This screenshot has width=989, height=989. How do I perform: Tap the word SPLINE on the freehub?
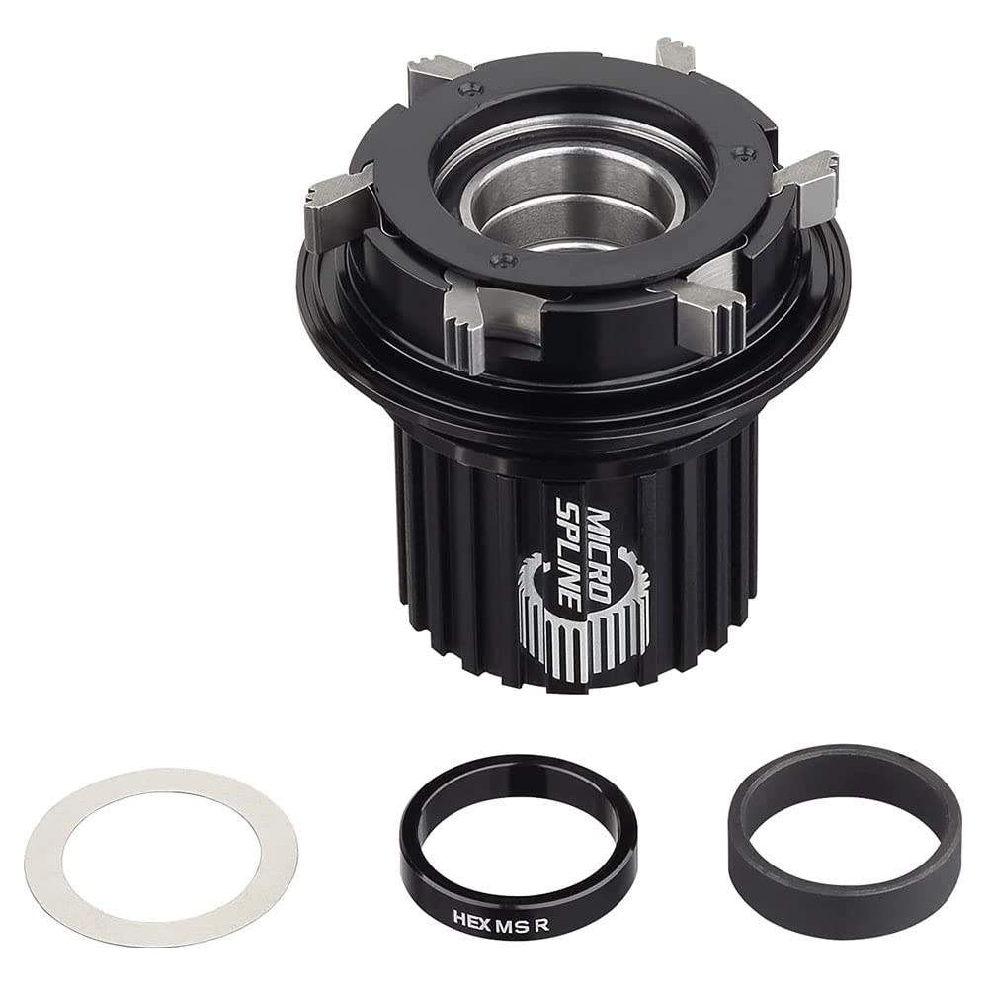click(562, 538)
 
